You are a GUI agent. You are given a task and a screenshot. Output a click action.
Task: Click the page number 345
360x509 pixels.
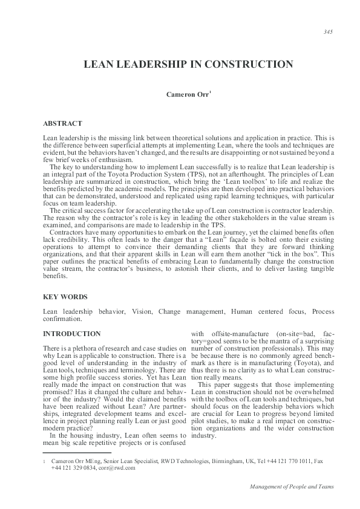point(329,32)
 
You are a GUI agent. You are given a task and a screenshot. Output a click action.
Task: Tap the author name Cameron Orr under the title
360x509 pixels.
point(187,94)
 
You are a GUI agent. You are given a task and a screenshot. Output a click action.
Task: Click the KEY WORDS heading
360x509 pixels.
point(66,297)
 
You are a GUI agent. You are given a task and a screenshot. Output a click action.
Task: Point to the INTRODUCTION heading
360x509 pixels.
point(72,333)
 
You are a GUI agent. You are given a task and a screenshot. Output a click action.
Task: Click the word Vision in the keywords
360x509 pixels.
point(142,311)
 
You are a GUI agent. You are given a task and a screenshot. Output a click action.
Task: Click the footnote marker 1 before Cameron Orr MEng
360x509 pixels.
point(45,461)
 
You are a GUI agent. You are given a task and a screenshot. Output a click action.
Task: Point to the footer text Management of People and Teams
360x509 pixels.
point(290,487)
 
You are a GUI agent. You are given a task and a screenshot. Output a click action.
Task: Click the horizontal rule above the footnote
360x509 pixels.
point(77,452)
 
